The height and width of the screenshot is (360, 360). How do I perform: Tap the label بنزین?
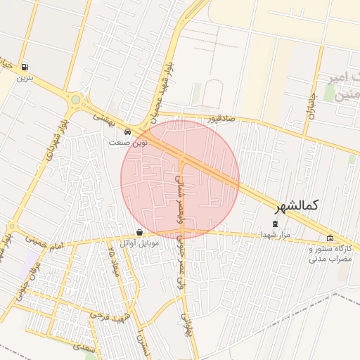click(x=26, y=77)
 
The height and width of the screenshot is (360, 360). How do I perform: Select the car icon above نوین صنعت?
click(x=127, y=132)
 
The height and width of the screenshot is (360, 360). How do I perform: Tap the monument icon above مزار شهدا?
click(x=275, y=224)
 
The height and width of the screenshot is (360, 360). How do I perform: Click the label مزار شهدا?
click(x=274, y=233)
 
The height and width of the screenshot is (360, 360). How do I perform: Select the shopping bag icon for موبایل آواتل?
click(x=139, y=233)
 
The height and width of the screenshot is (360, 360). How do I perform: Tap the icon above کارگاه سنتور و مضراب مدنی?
click(x=330, y=238)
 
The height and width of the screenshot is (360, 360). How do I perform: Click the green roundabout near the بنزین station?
click(x=75, y=100)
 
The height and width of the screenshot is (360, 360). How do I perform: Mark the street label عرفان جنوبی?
click(x=22, y=288)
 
